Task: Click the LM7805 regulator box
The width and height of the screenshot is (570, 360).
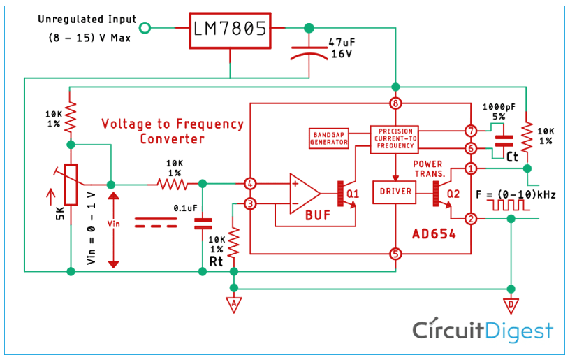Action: click(x=229, y=29)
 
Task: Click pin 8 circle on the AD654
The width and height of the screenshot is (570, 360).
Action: click(x=395, y=104)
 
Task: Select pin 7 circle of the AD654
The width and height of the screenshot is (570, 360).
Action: click(x=471, y=131)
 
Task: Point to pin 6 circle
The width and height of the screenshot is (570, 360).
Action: click(x=471, y=148)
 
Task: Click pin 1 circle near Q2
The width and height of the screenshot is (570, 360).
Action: click(x=471, y=168)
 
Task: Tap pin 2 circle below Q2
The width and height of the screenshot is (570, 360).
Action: click(x=471, y=219)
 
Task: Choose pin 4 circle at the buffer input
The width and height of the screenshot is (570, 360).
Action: click(x=249, y=184)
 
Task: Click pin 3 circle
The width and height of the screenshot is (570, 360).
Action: click(x=249, y=204)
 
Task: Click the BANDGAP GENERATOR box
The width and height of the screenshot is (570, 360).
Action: click(x=329, y=138)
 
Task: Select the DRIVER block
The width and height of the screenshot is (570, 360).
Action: click(x=395, y=192)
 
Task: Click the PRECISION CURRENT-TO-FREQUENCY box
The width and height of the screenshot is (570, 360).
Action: click(x=396, y=139)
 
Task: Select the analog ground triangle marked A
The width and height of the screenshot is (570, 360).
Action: click(x=234, y=304)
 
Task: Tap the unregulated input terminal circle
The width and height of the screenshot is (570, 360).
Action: click(x=145, y=28)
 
